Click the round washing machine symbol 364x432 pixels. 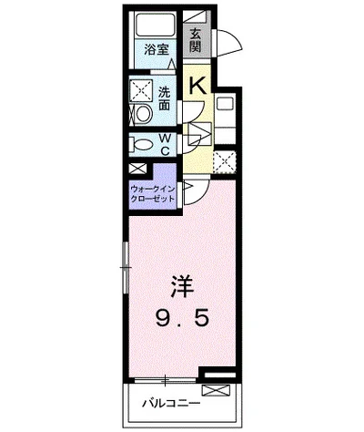click(141, 115)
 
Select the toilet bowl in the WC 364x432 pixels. click(141, 145)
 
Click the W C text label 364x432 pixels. click(166, 145)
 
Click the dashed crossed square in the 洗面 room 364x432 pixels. click(141, 91)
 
